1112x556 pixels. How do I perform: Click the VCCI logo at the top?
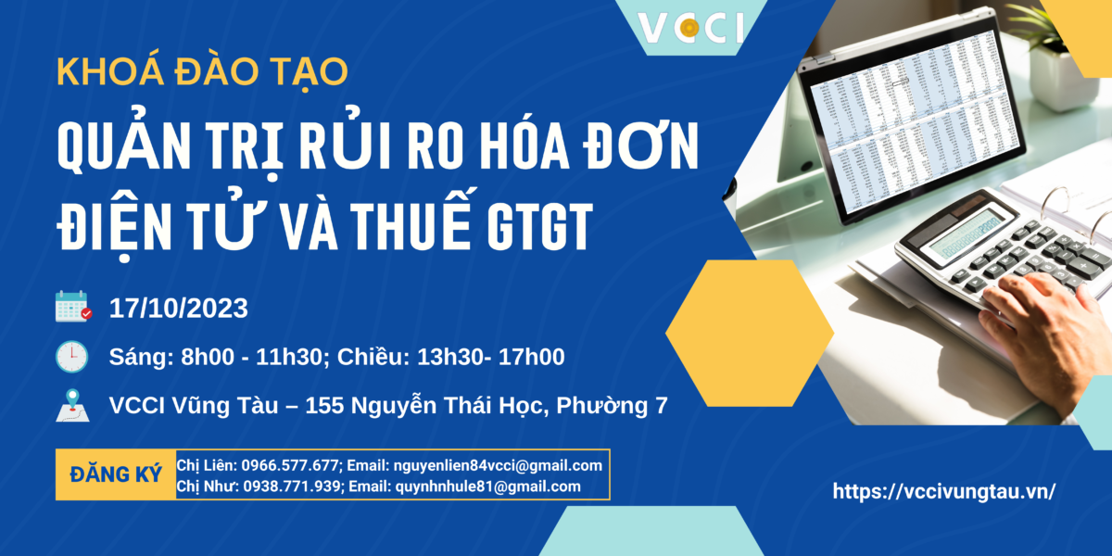tap(690, 28)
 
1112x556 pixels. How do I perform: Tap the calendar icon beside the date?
tap(73, 307)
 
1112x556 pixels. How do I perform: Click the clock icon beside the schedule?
tap(72, 357)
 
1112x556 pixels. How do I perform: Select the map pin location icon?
tap(72, 406)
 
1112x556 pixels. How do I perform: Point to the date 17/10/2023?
tap(179, 309)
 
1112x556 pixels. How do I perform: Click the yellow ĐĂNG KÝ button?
tap(116, 474)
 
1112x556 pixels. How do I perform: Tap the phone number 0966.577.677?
tap(290, 465)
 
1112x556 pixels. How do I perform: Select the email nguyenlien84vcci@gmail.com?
tap(498, 465)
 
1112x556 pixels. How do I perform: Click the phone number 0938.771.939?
tap(291, 486)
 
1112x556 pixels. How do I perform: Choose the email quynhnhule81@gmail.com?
tap(488, 486)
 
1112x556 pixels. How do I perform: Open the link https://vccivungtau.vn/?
tap(944, 491)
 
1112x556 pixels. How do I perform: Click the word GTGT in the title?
tap(539, 226)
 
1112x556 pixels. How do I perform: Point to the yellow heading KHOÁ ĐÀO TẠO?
tap(202, 72)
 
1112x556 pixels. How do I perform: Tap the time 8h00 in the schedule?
tap(208, 357)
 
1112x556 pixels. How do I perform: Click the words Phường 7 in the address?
tap(613, 406)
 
